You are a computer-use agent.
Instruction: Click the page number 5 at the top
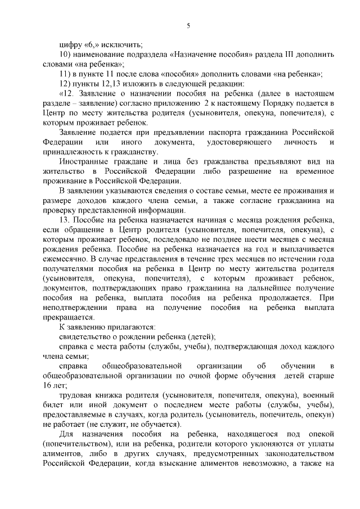pos(188,26)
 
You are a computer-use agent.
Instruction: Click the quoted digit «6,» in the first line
pos(93,45)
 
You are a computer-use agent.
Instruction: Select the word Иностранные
pos(84,161)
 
